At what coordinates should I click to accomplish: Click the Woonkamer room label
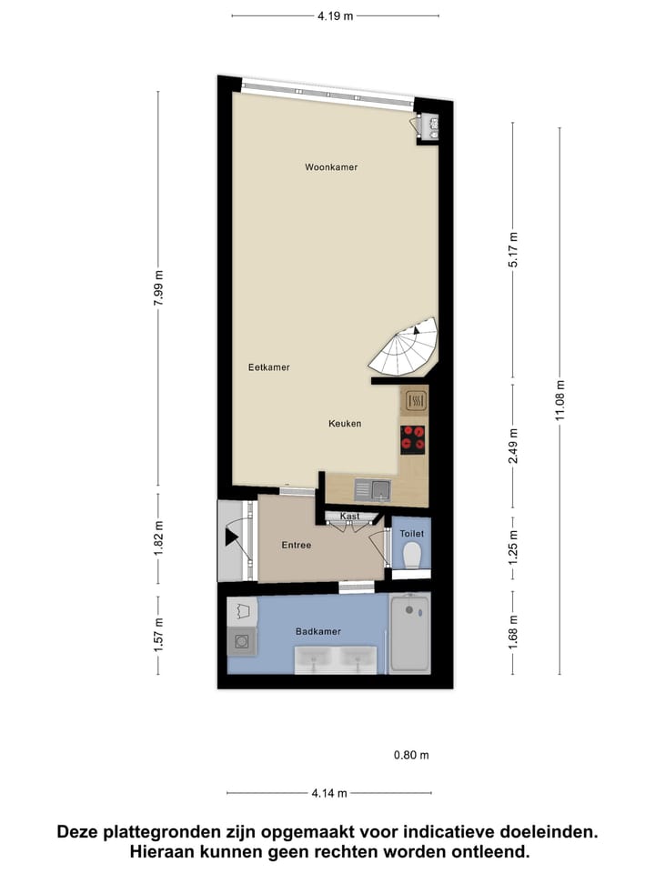point(331,167)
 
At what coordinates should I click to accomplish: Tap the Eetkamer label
point(269,367)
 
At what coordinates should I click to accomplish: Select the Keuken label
point(346,424)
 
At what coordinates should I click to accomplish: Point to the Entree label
point(297,546)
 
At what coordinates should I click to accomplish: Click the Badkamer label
point(317,631)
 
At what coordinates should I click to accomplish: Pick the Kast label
point(350,517)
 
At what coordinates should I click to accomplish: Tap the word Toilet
point(411,534)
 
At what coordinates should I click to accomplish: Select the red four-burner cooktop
point(414,439)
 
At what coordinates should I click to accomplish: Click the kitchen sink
point(373,491)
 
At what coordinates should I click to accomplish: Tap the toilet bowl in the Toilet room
point(411,555)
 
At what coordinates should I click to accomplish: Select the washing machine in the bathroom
point(241,642)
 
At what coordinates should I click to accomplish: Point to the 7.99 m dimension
point(158,290)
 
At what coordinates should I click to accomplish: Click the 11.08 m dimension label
point(559,400)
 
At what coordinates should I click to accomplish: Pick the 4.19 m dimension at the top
point(335,15)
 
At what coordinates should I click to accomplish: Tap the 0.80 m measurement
point(410,755)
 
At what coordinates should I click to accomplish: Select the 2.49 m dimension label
point(513,446)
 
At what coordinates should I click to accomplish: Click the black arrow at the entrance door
point(231,537)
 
